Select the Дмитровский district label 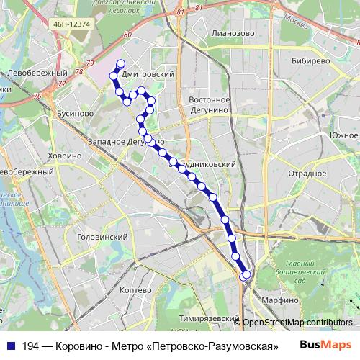[149, 74]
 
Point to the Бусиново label [74, 114]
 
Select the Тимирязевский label [208, 318]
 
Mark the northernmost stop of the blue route [120, 63]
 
